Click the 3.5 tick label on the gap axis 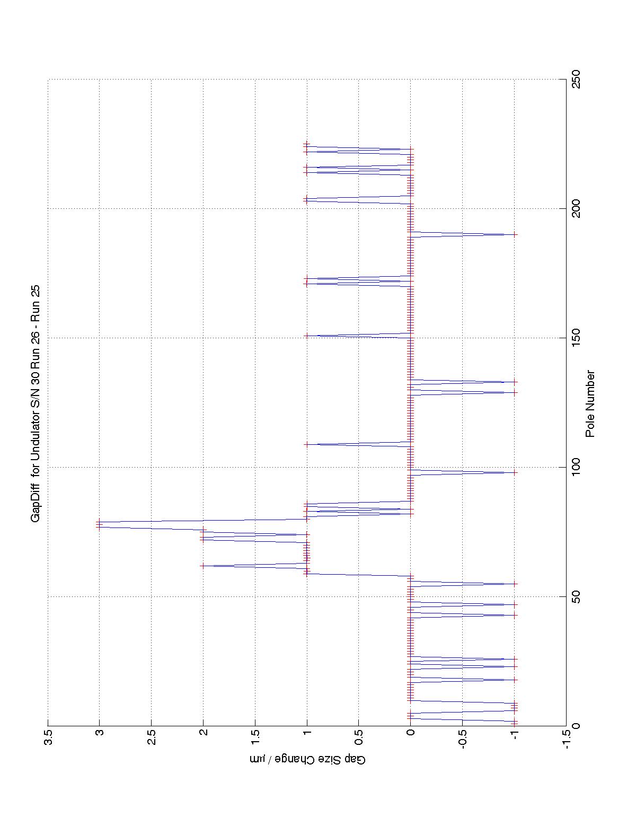coord(48,737)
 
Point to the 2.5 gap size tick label coord(152,737)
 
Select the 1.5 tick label coord(255,737)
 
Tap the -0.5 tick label coord(462,739)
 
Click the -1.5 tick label coord(566,739)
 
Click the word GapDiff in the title coord(36,504)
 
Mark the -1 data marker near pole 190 coord(514,234)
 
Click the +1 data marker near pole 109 coord(307,444)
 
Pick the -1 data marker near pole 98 coord(514,472)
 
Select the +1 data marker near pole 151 coord(307,336)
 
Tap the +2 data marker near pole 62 coord(203,566)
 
